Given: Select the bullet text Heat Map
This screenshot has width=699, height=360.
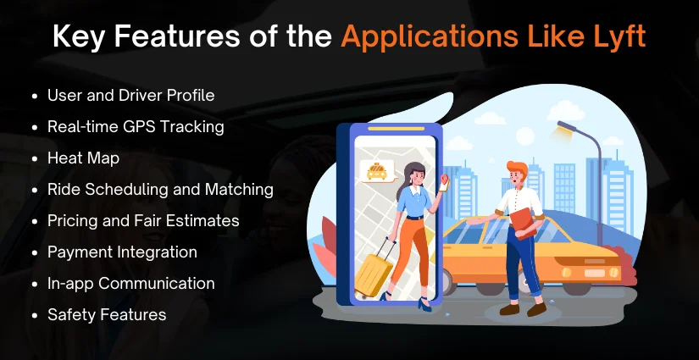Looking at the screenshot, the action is coord(83,158).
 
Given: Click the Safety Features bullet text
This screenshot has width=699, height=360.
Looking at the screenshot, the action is coord(107,314).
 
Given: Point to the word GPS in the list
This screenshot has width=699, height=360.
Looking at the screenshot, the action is coord(139,127).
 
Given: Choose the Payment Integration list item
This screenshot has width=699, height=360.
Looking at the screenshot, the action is coord(122,252).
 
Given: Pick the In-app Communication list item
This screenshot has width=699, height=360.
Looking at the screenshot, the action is coord(131,284).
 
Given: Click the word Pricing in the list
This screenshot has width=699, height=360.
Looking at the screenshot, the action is coord(74,221).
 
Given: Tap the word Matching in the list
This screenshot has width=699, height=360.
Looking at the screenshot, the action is coord(239,190).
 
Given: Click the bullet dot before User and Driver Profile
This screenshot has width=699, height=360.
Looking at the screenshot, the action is coord(35,97).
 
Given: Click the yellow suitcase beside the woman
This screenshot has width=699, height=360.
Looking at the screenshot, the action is coord(374,269).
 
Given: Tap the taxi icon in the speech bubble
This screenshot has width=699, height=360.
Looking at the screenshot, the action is coord(377,172).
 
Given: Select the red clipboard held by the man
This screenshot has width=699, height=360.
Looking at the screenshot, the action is coord(524,223).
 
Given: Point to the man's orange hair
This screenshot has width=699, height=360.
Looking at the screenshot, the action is coord(517,168).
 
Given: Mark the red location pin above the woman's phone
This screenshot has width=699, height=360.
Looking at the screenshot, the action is coord(444,179).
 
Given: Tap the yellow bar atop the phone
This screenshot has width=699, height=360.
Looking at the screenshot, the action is coord(396,129).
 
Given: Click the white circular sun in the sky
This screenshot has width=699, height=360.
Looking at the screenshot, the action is coord(524,136).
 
